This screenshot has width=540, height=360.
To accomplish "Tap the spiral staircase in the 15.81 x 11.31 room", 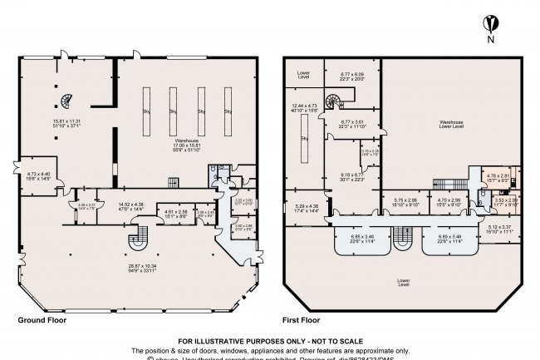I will pos(64,101).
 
